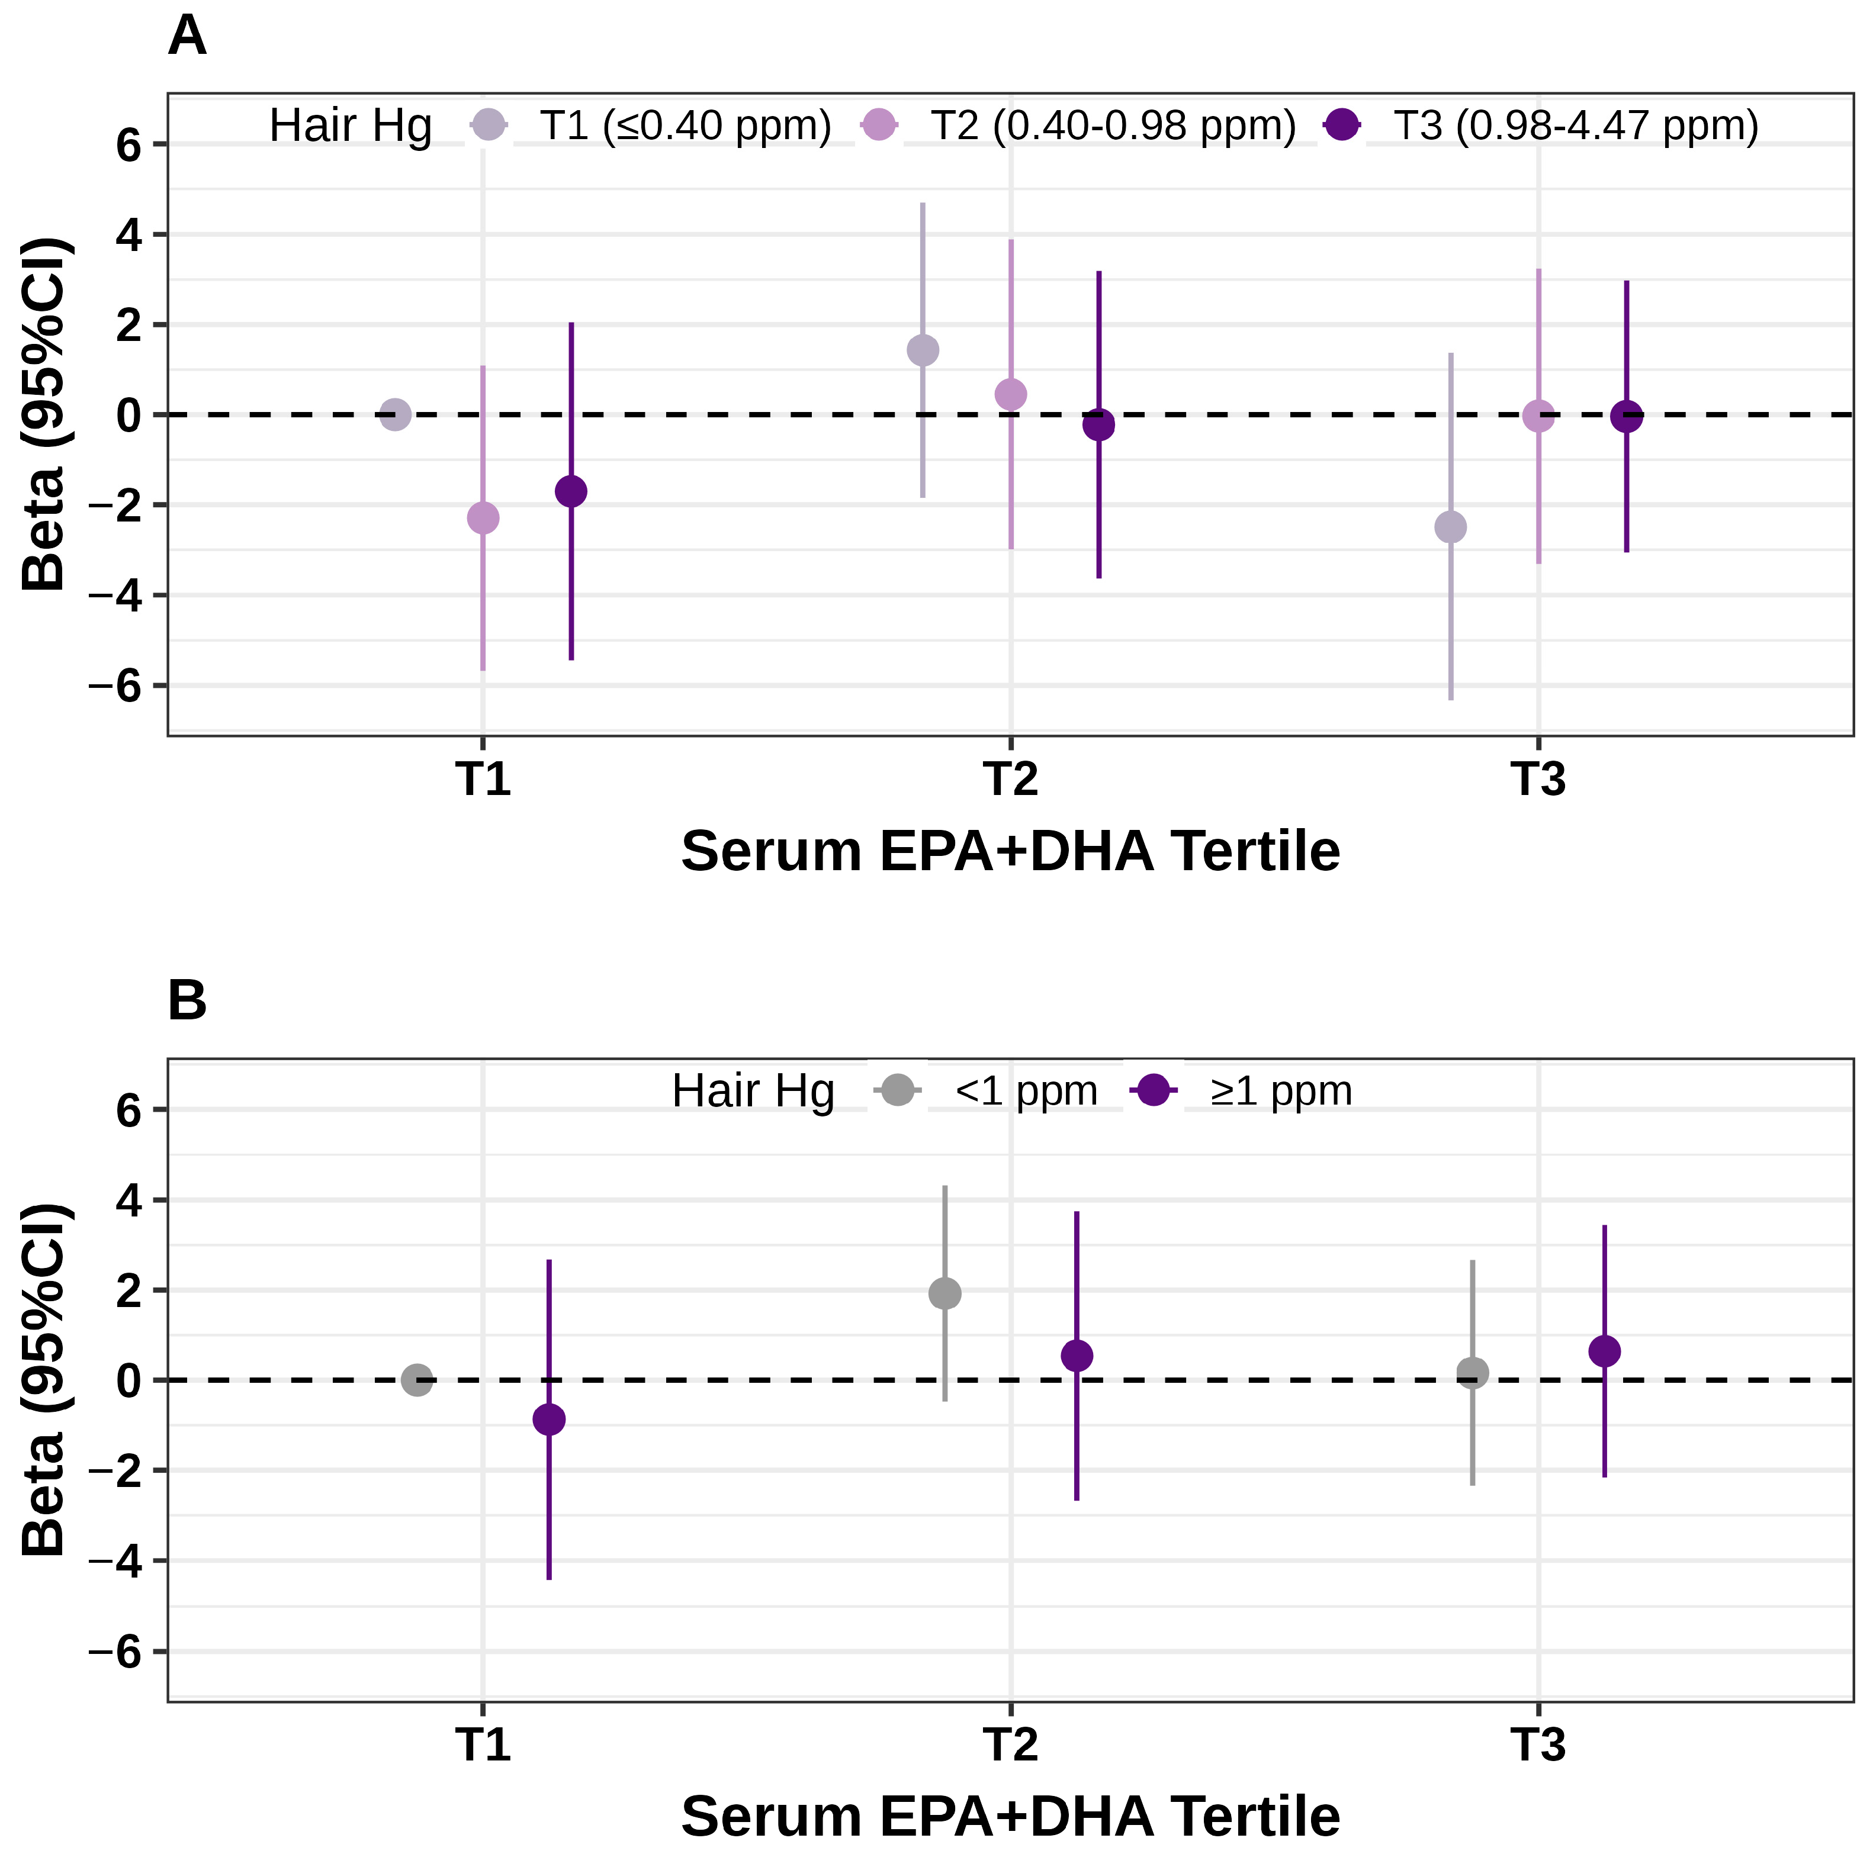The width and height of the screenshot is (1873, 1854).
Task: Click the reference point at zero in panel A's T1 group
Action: [x=394, y=415]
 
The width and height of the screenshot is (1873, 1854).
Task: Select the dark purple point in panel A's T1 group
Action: [x=571, y=491]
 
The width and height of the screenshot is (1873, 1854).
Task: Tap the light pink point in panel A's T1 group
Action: [x=483, y=517]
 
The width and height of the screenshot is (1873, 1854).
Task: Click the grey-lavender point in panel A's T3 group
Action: [x=1450, y=527]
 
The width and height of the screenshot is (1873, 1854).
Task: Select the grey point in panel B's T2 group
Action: [x=945, y=1293]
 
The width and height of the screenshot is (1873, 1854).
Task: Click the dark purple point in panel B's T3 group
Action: [x=1605, y=1351]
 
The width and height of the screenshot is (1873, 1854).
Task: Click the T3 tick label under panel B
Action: [x=1538, y=1744]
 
